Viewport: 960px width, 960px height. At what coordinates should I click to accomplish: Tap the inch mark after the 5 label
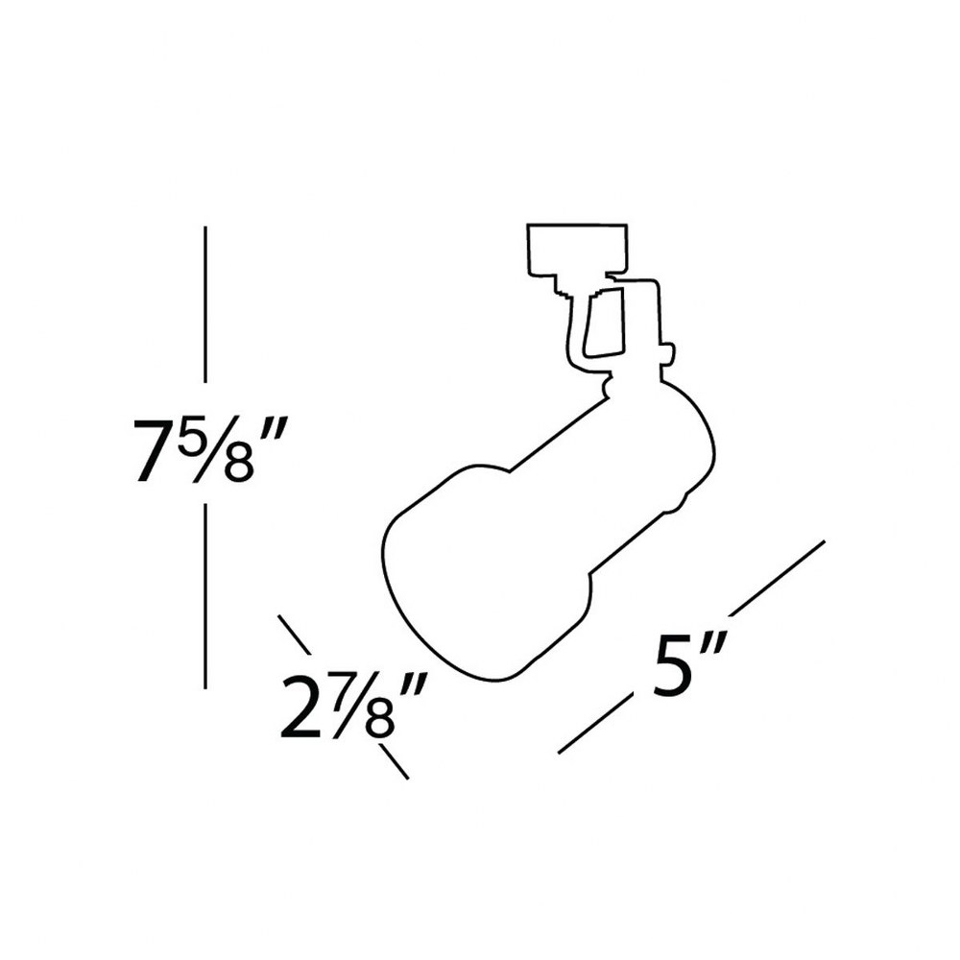[x=714, y=649]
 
